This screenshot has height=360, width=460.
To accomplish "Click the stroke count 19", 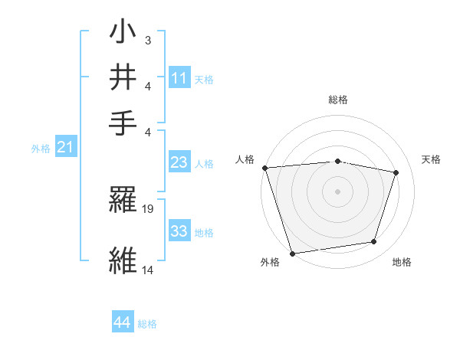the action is [149, 208].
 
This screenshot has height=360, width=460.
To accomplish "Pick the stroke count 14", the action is [148, 270].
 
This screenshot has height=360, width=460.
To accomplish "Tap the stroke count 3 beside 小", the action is [147, 39].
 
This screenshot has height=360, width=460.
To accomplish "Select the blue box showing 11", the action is [179, 77].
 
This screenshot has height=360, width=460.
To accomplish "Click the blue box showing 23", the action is [179, 162].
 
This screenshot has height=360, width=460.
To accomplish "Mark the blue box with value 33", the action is [179, 231].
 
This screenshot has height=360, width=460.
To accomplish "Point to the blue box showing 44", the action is [122, 323].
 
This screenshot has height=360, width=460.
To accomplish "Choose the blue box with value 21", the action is [65, 147].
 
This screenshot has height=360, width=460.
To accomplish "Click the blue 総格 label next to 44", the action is [147, 324].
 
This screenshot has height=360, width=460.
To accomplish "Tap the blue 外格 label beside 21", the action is [40, 149].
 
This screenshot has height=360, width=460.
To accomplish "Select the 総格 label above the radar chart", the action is [337, 100].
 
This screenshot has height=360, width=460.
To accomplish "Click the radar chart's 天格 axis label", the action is [431, 159].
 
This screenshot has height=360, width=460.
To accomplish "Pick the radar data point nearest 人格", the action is [264, 168].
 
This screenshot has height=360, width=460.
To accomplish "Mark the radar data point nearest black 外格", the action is [292, 253].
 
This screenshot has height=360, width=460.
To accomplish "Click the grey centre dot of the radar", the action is [337, 191].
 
